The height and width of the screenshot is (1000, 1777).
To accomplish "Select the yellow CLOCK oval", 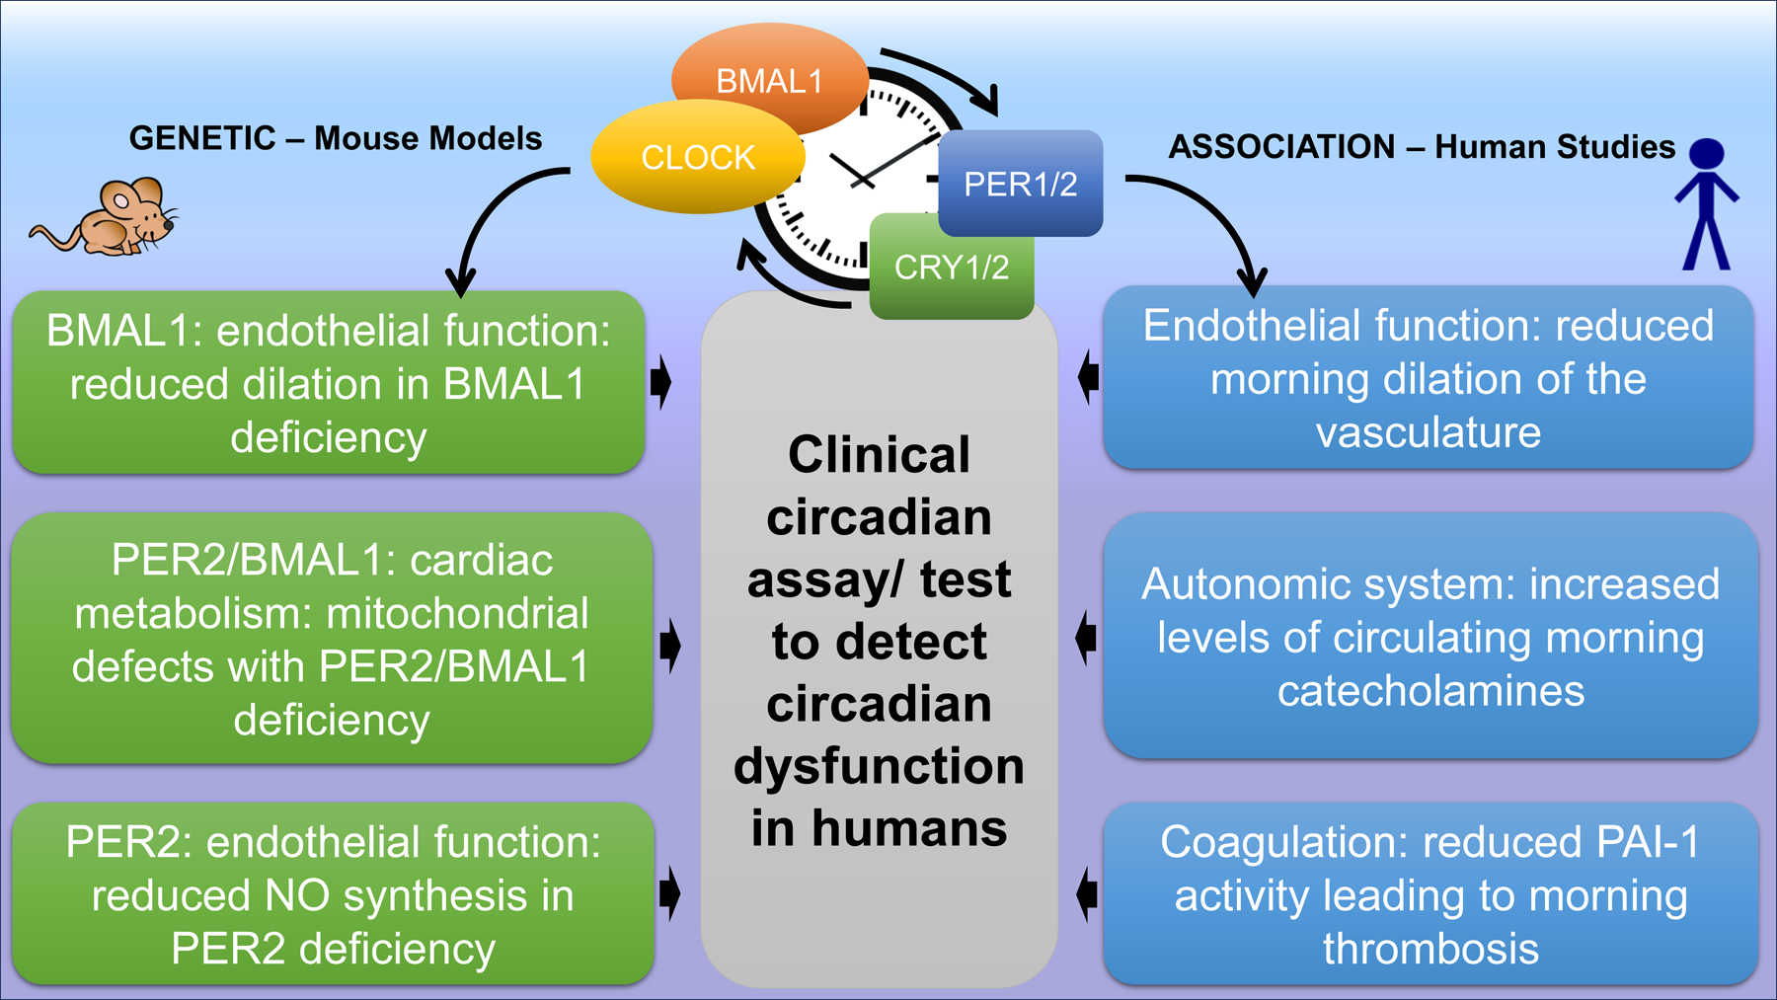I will point(697,158).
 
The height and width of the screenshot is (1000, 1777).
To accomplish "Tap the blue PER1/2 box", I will point(1020,184).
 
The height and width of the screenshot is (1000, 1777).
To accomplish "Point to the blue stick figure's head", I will point(1706,153).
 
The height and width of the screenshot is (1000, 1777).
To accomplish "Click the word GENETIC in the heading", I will point(202,138).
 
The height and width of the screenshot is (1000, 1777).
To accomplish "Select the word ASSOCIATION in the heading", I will point(1281,147).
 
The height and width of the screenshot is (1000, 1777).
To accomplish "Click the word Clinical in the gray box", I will point(879,455).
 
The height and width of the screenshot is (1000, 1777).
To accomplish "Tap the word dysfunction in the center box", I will point(879,766).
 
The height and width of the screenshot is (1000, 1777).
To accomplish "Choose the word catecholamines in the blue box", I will point(1430,691).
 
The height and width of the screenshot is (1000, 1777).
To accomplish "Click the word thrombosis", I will point(1430,950).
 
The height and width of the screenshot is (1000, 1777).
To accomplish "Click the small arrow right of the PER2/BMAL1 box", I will point(671,646).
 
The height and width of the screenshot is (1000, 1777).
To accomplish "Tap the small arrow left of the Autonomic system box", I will point(1086,638).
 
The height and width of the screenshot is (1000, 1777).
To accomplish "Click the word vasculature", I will point(1428,432).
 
